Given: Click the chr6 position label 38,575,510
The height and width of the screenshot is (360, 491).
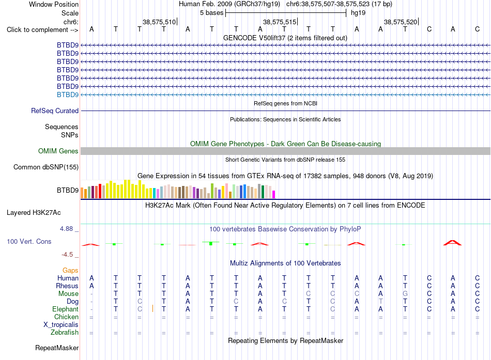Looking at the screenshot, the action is point(159,22).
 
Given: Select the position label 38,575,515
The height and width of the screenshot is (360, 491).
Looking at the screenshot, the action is point(280,22).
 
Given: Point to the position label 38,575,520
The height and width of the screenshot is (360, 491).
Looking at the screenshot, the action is point(401,22).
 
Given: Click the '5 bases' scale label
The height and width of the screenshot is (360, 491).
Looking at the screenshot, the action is point(212,13).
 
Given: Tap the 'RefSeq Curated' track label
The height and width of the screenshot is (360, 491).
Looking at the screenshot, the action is point(55,111).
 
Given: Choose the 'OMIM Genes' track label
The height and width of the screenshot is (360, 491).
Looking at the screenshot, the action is point(58,151).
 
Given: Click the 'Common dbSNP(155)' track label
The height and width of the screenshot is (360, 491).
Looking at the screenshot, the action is point(46,167).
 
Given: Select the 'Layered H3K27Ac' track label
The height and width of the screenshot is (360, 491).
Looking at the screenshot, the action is point(34,213).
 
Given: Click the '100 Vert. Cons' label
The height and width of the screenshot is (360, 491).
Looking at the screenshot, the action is point(29,241).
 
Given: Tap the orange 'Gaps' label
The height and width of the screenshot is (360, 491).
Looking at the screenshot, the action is point(70,270).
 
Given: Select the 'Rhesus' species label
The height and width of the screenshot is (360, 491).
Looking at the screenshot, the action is point(67,286).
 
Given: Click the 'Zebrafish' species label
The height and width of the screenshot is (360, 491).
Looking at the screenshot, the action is point(65,332).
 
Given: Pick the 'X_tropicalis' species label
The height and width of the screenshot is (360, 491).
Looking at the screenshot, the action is point(61,325).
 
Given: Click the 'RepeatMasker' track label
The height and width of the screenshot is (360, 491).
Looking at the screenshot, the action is point(57,348).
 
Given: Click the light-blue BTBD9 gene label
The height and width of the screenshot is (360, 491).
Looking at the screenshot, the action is point(68,95).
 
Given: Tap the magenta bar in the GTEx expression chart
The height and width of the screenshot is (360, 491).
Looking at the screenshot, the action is point(274,194).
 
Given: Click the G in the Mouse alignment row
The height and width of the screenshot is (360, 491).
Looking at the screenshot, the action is point(405,294).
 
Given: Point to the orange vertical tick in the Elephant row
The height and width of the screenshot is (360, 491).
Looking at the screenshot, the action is point(153,308).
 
